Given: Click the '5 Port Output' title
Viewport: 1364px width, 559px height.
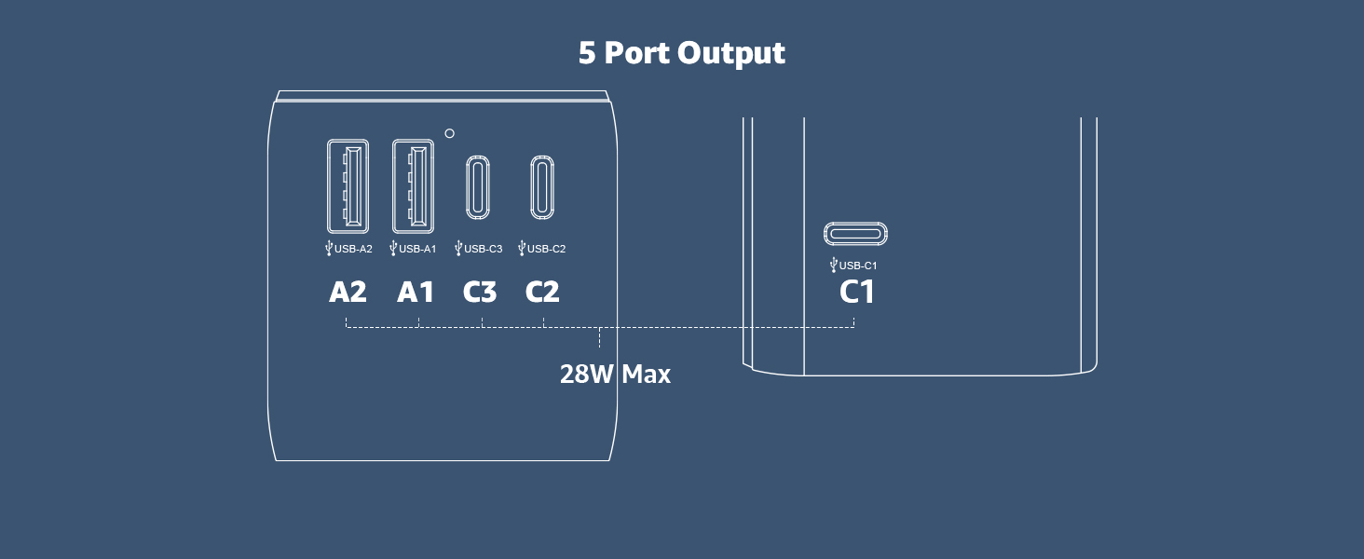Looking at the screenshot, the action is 681,53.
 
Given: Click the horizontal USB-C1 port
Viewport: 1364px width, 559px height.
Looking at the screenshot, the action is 855,223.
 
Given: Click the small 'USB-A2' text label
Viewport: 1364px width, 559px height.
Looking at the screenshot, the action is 353,249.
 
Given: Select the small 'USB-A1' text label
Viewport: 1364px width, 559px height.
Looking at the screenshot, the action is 417,249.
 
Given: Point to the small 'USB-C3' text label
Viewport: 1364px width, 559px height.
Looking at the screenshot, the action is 484,249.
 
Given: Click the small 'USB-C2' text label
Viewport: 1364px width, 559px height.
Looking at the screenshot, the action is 546,249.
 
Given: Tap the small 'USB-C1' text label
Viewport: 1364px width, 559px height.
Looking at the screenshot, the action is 858,266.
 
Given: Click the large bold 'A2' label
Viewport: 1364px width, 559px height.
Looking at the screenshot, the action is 348,292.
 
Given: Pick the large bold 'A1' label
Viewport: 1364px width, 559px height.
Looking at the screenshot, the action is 416,292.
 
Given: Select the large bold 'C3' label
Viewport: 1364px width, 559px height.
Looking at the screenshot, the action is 480,292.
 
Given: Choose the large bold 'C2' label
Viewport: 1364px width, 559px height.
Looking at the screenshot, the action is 542,292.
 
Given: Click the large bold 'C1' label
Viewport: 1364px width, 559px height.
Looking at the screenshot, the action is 857,292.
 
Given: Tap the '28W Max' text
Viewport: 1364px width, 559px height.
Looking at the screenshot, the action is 615,374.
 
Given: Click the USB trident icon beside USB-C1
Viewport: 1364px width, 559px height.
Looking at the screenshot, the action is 834,265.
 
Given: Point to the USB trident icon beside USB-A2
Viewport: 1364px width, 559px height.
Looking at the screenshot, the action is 329,248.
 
